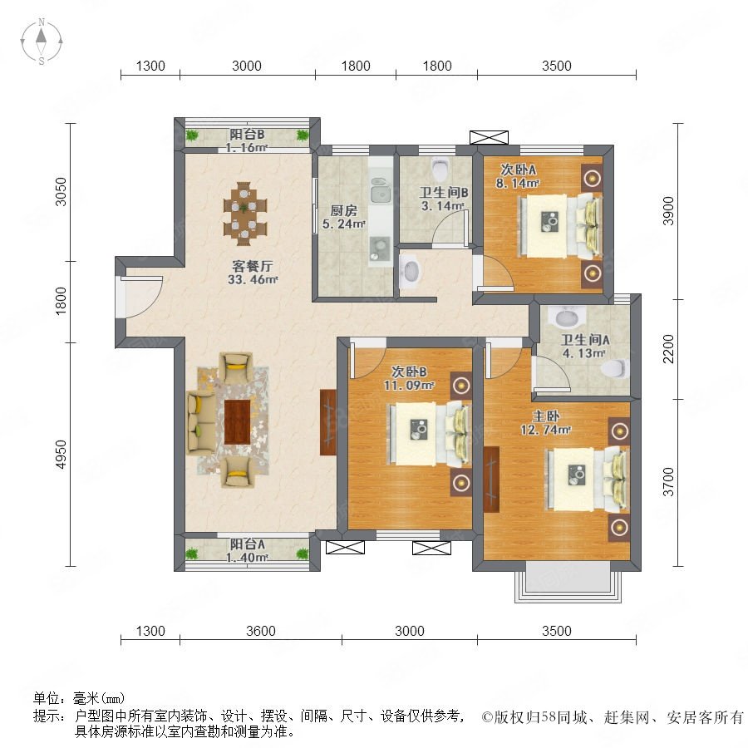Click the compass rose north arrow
42,35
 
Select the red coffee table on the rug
237,422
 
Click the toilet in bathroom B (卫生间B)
440,167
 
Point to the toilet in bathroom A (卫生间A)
614,368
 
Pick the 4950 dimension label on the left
61,454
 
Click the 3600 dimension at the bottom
261,631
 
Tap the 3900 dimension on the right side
669,211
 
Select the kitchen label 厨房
343,210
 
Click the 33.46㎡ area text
253,279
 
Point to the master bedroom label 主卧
546,416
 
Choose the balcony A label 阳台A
247,544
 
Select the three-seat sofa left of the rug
201,422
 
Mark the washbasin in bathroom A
566,317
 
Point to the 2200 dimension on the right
669,349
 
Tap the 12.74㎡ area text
545,430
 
